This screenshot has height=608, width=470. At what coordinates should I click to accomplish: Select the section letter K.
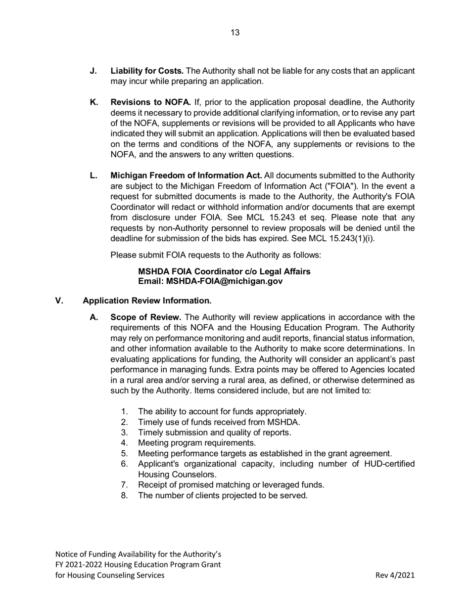(94, 102)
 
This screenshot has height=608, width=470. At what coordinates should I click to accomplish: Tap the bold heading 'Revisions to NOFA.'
(151, 102)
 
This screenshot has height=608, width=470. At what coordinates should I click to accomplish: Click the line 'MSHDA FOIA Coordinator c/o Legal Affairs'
(224, 271)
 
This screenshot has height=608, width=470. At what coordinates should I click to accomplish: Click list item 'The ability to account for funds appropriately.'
(222, 411)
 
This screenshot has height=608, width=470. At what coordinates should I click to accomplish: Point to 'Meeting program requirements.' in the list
(197, 442)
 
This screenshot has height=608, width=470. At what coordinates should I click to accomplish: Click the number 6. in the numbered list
(124, 464)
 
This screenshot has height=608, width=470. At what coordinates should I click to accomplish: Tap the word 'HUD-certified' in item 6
(389, 464)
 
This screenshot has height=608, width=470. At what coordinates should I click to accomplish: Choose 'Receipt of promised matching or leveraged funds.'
(231, 484)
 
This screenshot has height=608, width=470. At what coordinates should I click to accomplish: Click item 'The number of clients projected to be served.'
(223, 495)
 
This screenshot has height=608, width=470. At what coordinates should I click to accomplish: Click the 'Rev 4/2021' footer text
(395, 575)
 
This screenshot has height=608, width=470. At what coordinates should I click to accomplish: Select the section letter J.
(94, 71)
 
